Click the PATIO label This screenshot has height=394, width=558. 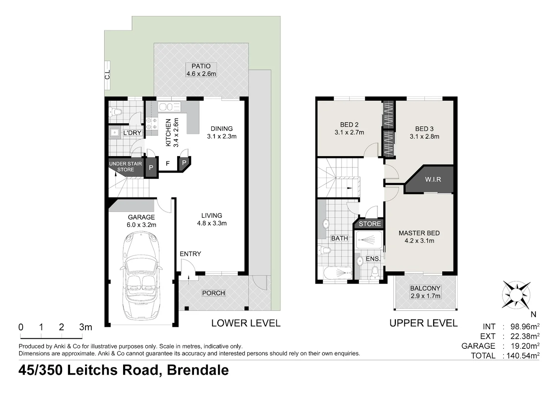coord(201,66)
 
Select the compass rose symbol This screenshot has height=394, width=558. coord(516,294)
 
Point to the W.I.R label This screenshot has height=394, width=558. coord(433,179)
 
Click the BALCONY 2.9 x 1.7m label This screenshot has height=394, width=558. coord(425,292)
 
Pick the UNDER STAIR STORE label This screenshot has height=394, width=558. coord(125,167)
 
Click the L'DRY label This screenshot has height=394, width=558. coord(132,133)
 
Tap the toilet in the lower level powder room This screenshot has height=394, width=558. coord(116,112)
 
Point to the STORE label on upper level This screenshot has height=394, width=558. coord(370,224)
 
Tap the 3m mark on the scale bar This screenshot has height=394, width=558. coord(85,327)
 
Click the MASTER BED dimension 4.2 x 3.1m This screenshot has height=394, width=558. coord(419,241)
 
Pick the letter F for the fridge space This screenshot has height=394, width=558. coord(168,163)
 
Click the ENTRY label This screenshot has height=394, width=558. coord(190,254)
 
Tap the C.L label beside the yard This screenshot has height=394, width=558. coord(107,75)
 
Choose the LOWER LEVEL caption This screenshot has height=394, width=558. coord(246,323)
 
